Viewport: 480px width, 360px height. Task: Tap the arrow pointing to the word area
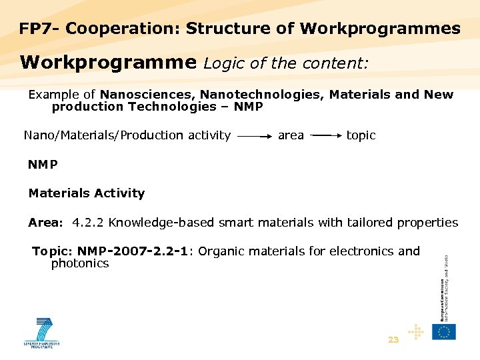[254, 136]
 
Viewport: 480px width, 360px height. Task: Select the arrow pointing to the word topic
[327, 136]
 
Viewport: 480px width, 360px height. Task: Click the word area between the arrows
[291, 135]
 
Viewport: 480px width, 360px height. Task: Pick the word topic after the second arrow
[361, 135]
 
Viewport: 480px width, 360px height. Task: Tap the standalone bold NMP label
[43, 164]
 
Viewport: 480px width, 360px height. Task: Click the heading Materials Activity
[86, 193]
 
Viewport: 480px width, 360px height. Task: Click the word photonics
[80, 263]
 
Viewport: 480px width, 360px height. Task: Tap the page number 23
[393, 340]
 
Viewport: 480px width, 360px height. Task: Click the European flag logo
[444, 331]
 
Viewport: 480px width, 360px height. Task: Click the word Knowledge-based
[158, 223]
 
